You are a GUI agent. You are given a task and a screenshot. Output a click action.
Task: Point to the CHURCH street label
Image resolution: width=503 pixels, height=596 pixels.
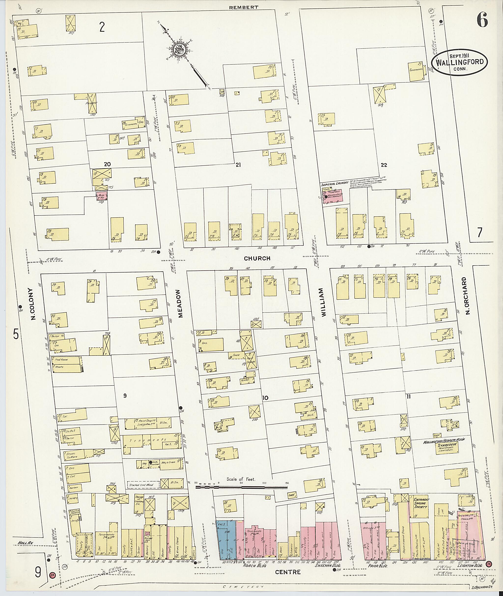tap(257, 258)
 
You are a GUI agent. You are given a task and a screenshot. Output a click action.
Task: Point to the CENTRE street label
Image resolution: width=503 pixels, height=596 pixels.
tap(287, 580)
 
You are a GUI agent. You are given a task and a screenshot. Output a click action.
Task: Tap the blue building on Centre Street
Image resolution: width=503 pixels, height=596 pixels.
tap(226, 539)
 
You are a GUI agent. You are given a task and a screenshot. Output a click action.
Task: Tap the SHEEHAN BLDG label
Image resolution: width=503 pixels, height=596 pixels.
tap(326, 573)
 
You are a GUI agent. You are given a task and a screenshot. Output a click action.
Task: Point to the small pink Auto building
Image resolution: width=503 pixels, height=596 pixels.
tap(101, 196)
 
